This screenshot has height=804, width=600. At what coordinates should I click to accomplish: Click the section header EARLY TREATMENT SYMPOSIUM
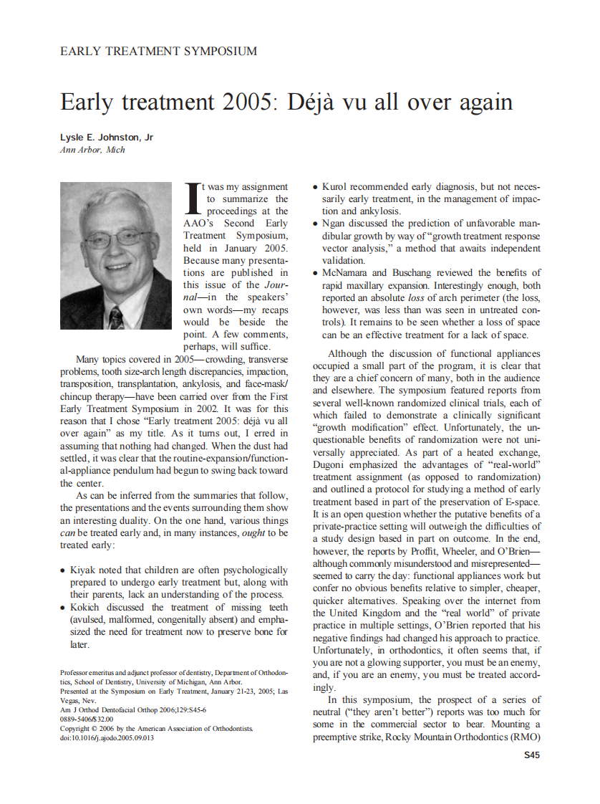click(x=158, y=51)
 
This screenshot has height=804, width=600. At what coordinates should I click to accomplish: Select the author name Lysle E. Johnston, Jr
click(x=106, y=138)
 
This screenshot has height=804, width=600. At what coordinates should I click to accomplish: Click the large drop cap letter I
click(x=191, y=198)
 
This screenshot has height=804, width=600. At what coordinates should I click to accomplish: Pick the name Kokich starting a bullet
click(x=87, y=606)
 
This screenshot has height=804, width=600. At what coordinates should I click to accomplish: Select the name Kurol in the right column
click(x=337, y=186)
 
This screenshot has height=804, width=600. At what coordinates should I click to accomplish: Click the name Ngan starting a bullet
click(x=334, y=223)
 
